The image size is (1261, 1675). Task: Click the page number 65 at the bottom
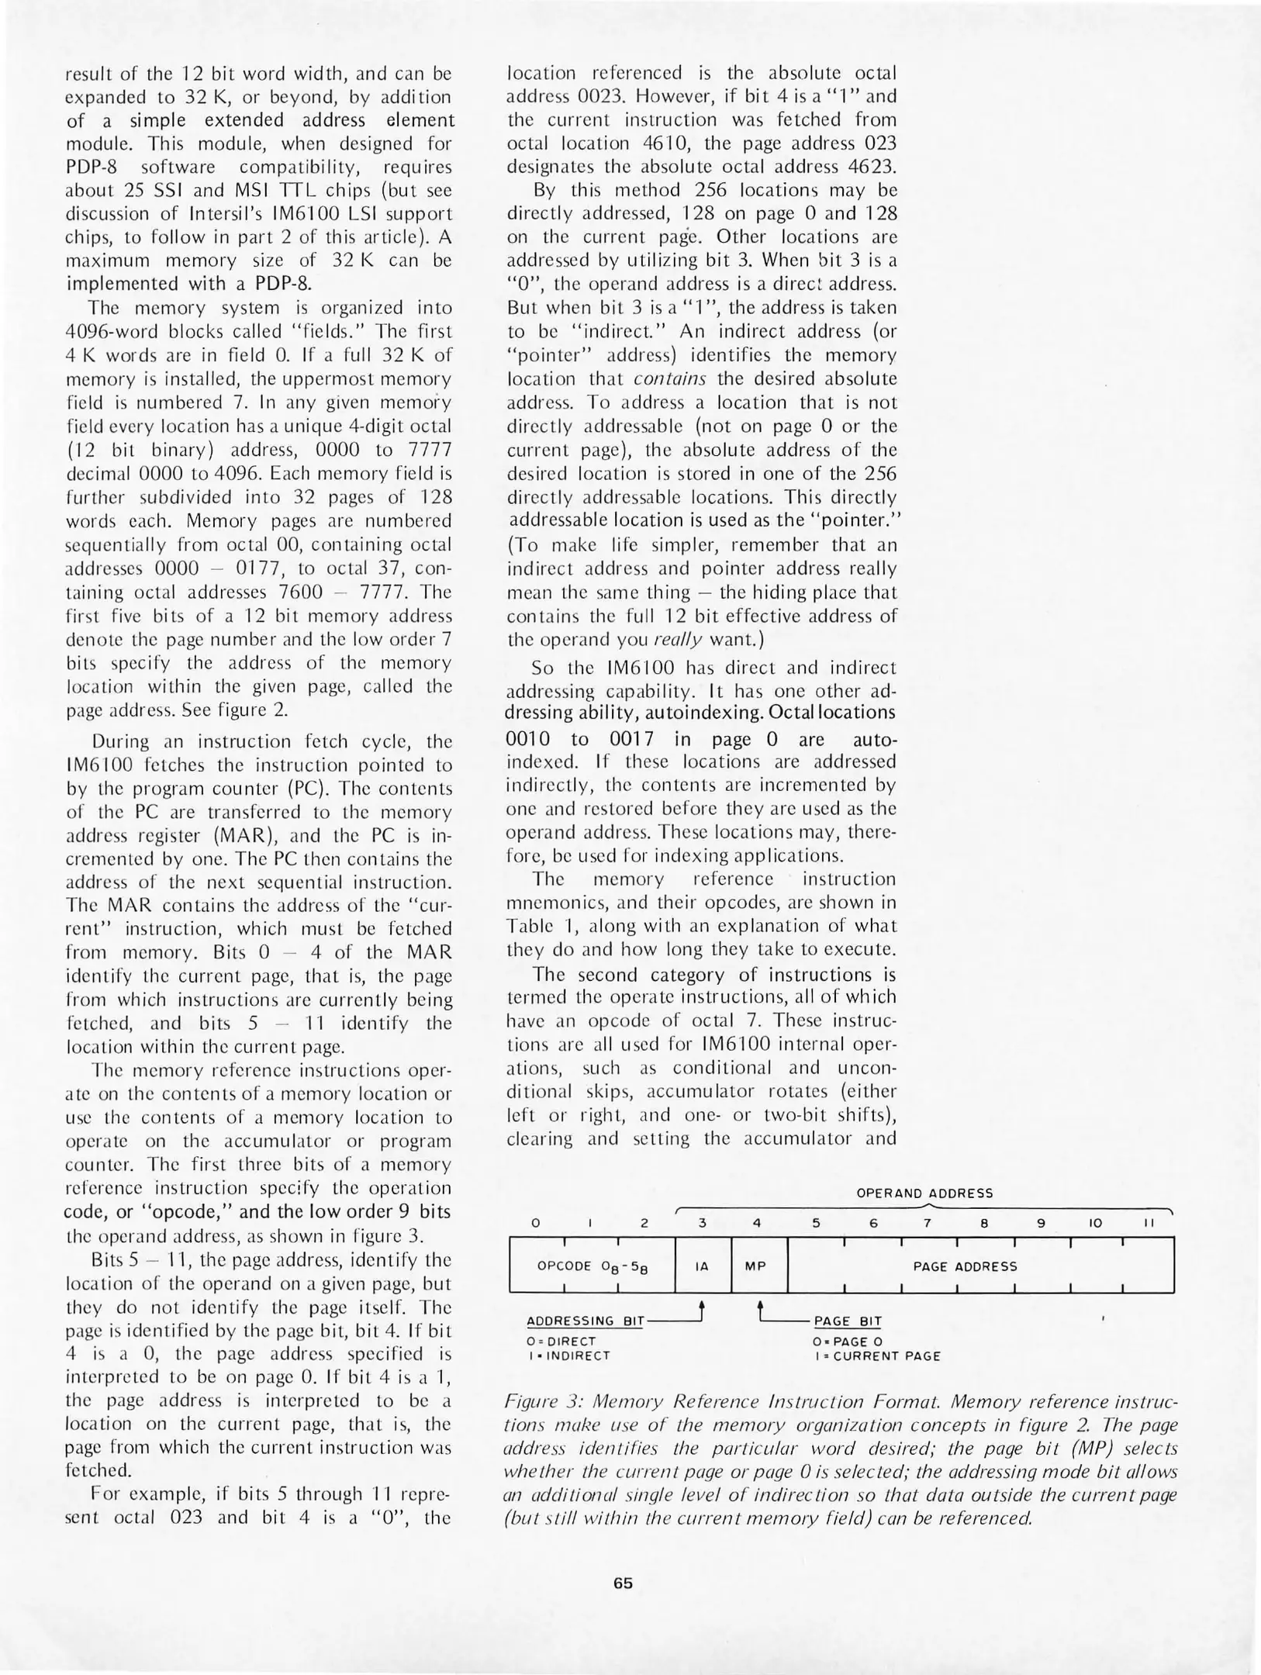623,1583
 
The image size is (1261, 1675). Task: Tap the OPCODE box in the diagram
592,1266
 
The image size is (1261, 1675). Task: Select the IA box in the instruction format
702,1266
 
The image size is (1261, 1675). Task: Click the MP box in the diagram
755,1266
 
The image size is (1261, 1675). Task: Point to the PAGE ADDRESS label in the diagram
965,1266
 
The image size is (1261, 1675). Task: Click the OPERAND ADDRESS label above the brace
924,1193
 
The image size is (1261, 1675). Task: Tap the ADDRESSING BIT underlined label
585,1321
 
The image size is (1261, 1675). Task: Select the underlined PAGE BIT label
847,1321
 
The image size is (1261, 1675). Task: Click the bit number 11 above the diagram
1150,1223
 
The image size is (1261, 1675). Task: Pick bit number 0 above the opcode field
534,1223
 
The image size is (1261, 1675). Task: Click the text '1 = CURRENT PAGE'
877,1356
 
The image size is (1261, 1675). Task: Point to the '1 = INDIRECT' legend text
568,1356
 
